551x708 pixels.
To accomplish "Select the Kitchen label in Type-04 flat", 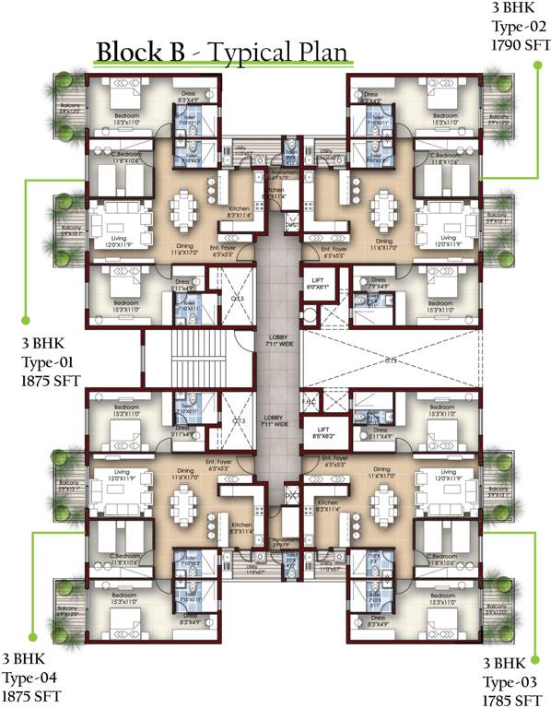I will pyautogui.click(x=239, y=503).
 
